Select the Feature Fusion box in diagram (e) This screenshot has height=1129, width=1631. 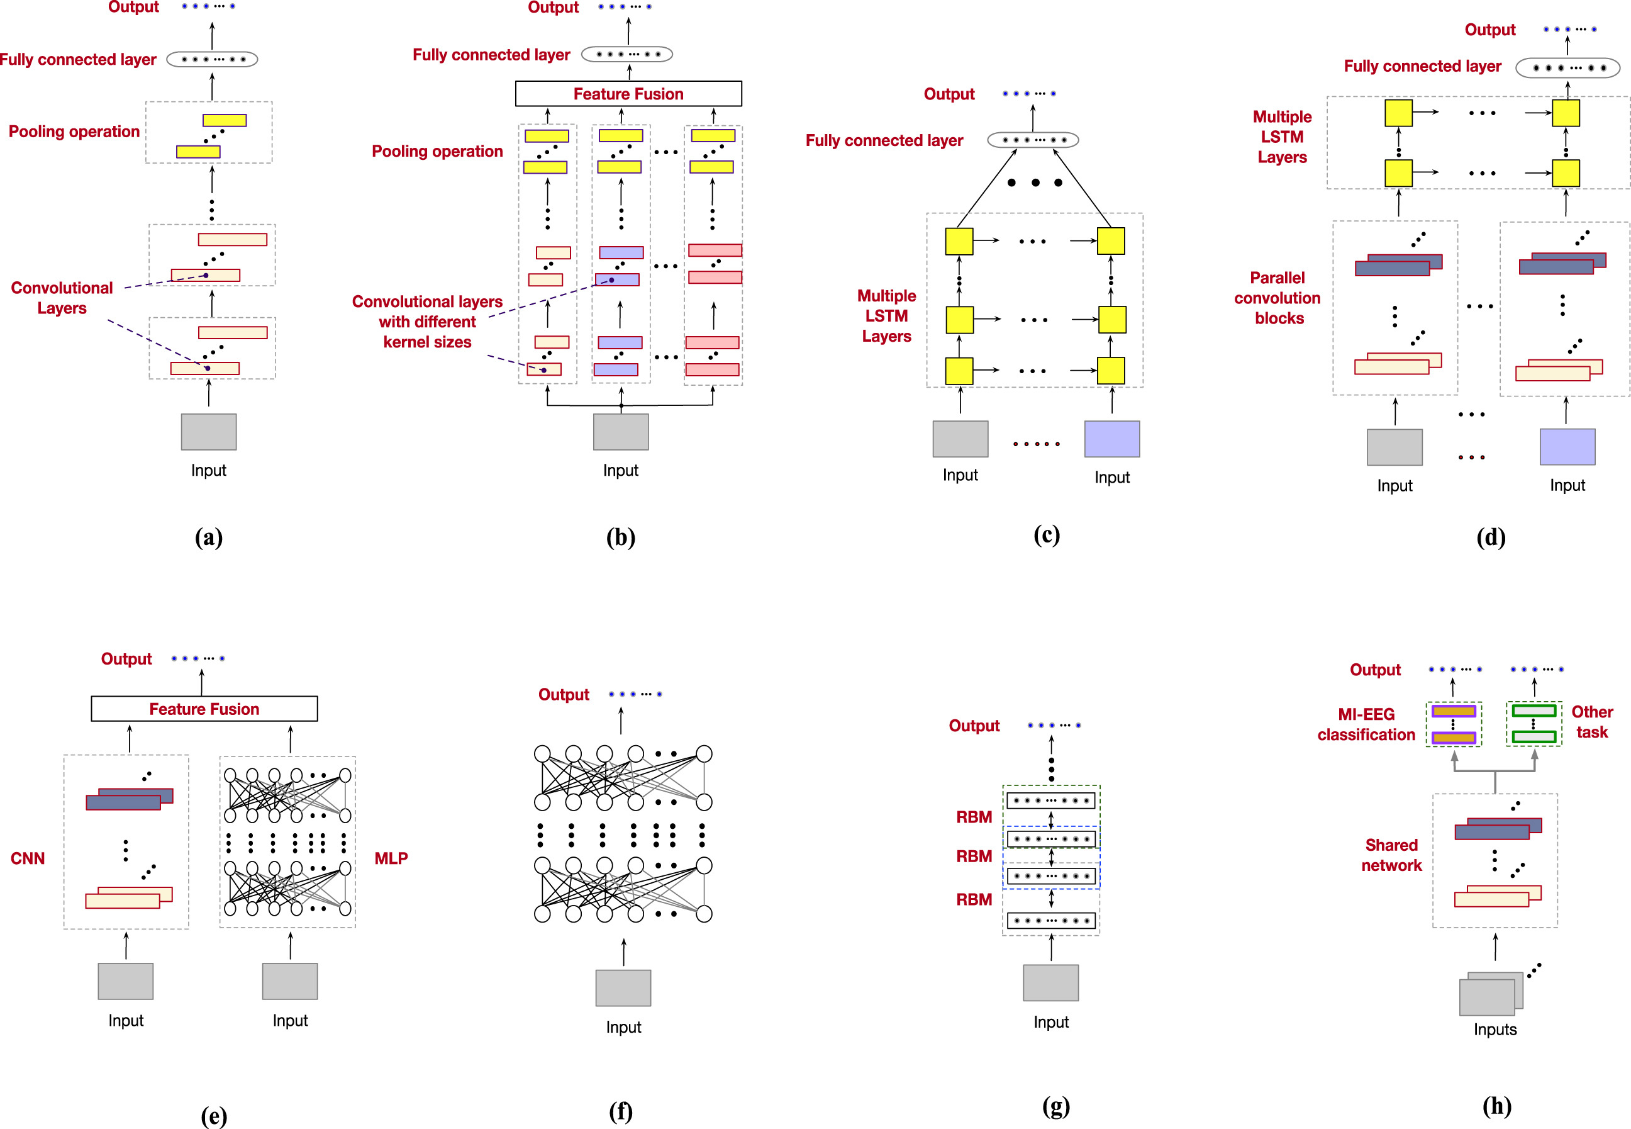tap(204, 708)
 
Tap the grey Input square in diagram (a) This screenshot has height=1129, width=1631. tap(209, 432)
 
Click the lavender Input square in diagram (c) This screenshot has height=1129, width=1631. tap(1111, 439)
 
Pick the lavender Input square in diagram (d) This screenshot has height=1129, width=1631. tap(1567, 446)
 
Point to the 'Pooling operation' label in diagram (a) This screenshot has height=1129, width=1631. tap(74, 132)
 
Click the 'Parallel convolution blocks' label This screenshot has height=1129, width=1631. tap(1277, 298)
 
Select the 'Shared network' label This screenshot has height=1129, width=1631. tap(1391, 855)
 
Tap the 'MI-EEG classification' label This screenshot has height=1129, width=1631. tap(1366, 724)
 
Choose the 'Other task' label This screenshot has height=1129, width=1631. tap(1591, 722)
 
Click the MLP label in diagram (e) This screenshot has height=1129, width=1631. tap(391, 858)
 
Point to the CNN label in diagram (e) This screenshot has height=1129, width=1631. tap(28, 858)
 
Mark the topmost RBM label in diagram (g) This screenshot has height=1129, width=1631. tap(974, 817)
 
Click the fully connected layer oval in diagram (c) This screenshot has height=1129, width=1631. tap(1032, 140)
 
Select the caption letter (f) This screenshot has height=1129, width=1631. tap(620, 1111)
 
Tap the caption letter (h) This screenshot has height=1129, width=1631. tap(1496, 1106)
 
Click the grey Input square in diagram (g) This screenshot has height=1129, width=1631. tap(1050, 982)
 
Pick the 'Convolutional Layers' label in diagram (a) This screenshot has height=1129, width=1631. tap(62, 298)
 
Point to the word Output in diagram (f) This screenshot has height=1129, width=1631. tap(564, 695)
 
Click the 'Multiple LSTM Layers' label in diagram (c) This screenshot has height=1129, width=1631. tap(886, 315)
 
